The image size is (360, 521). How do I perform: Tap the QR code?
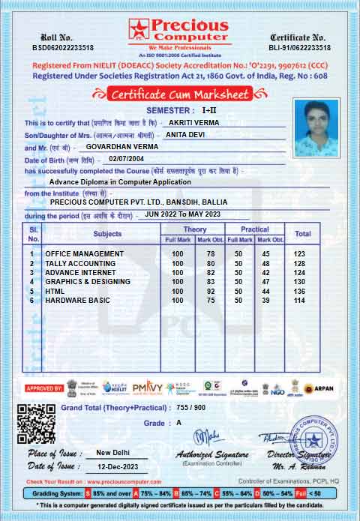point(36,424)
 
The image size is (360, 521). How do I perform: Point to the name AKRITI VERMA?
point(193,121)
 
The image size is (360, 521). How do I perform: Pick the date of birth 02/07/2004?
point(124,159)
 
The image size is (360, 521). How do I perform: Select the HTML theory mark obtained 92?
point(211,290)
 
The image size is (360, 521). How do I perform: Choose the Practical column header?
point(255,229)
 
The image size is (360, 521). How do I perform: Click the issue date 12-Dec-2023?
point(117,467)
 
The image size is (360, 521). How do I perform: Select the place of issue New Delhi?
point(117,454)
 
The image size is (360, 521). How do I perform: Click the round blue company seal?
point(310,440)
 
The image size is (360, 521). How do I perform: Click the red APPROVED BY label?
point(44,388)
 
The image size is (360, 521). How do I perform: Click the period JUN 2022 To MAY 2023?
point(183,214)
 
